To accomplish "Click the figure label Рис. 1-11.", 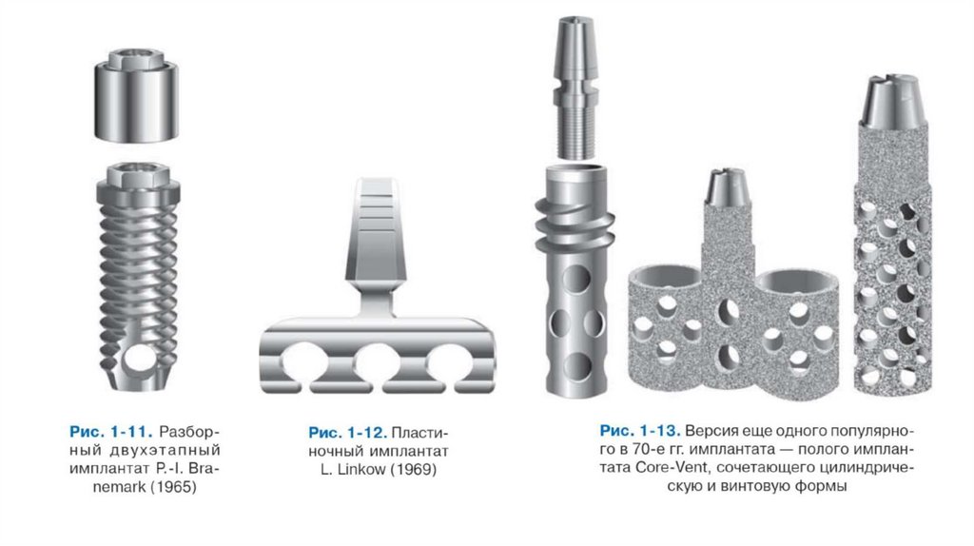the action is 110,432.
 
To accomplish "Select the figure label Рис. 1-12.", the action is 348,432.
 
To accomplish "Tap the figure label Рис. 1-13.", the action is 640,431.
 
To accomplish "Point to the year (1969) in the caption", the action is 413,469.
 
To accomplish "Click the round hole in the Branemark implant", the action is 140,361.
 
